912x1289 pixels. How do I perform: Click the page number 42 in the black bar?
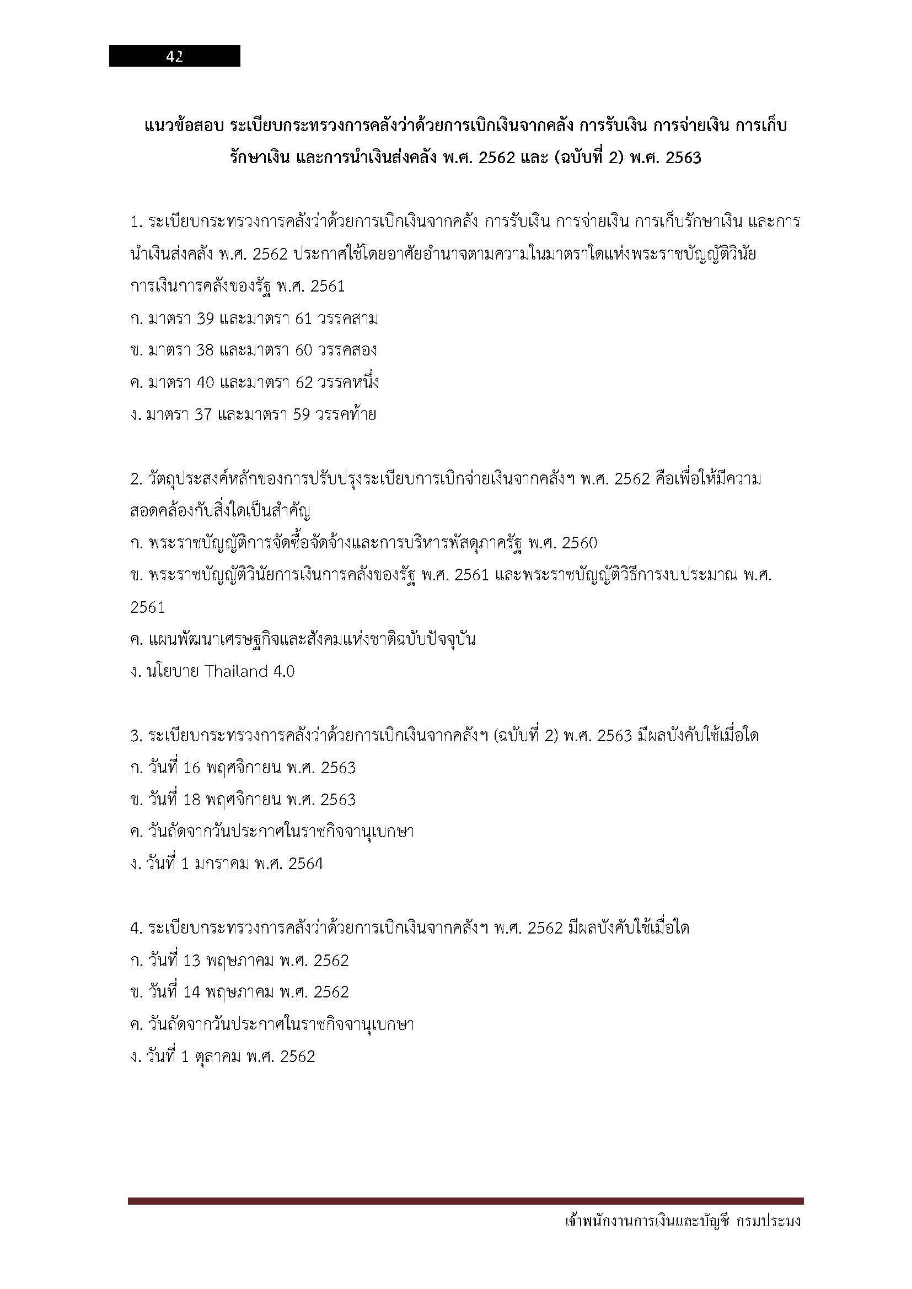[x=174, y=56]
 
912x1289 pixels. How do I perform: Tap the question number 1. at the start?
[x=136, y=222]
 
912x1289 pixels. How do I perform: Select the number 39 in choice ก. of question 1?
[x=206, y=319]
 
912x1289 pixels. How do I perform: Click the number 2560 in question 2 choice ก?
[x=579, y=543]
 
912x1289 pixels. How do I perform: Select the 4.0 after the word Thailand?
[x=283, y=671]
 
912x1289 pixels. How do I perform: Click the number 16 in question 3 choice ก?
[x=191, y=768]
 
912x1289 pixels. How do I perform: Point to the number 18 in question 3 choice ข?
[x=191, y=800]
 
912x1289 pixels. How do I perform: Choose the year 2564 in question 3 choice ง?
[x=305, y=864]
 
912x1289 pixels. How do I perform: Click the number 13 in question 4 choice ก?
[x=191, y=961]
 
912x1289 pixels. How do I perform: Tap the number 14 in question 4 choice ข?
[x=191, y=992]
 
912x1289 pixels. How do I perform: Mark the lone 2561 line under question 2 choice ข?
[x=147, y=607]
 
